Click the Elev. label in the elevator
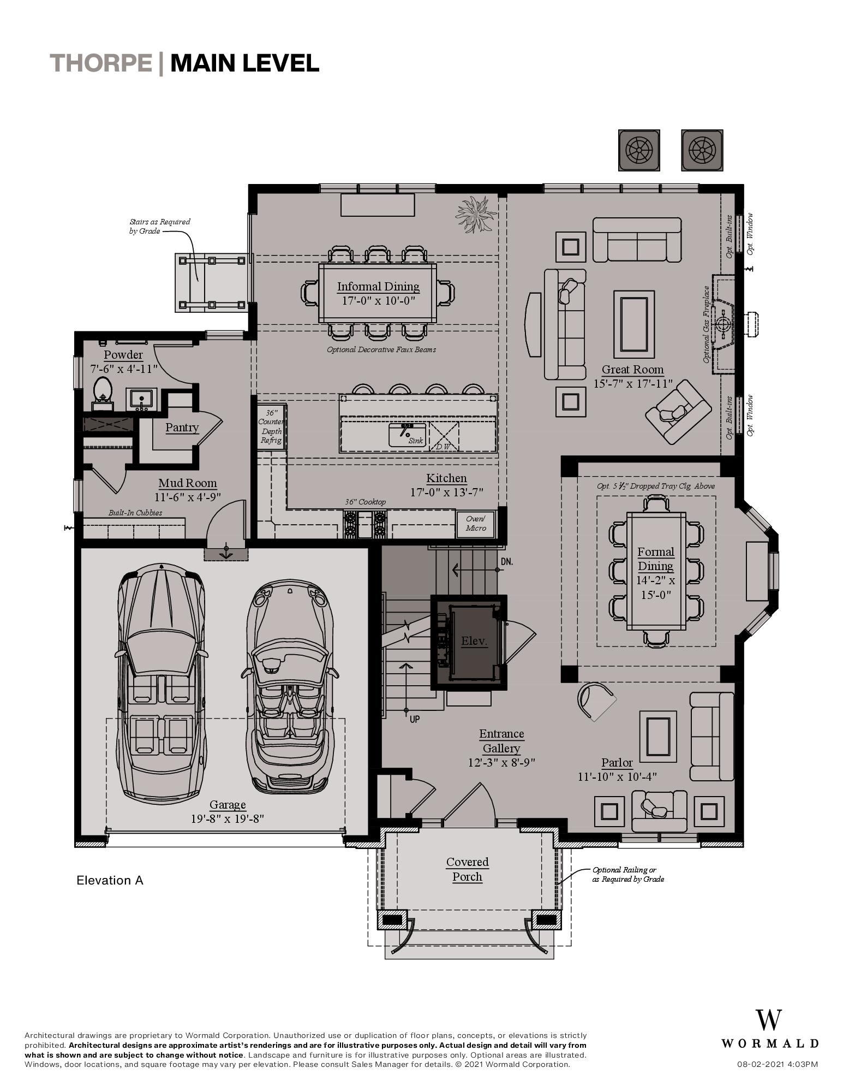[474, 641]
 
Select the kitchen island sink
[406, 434]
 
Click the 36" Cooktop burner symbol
[365, 523]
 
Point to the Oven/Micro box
[476, 524]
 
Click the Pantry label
[182, 428]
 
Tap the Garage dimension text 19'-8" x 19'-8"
[227, 818]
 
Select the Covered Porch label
[468, 869]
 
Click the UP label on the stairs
[414, 719]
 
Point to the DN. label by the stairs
[506, 562]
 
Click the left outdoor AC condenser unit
[639, 150]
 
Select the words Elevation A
[110, 880]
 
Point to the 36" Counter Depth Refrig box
[271, 426]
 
